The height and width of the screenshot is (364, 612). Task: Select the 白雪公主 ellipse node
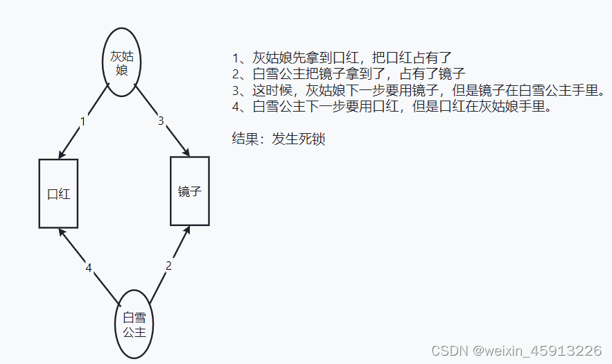click(x=133, y=324)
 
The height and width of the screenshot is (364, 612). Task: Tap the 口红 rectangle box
click(x=58, y=193)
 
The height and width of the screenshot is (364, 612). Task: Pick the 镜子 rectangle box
click(x=189, y=191)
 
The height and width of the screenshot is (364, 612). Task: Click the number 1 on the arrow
click(x=83, y=122)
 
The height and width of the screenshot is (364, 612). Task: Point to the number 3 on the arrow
click(x=161, y=121)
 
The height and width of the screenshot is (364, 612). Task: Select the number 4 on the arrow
click(x=88, y=268)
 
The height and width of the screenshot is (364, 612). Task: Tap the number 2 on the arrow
click(x=168, y=266)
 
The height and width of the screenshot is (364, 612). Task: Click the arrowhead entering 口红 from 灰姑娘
click(x=62, y=155)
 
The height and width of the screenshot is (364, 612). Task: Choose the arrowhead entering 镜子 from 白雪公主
click(x=186, y=230)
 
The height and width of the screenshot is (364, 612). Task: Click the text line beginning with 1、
click(x=343, y=58)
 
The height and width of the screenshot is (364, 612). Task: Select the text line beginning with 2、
click(x=348, y=73)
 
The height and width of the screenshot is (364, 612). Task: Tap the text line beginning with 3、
click(x=419, y=90)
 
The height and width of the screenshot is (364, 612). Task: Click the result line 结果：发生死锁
click(x=279, y=139)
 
